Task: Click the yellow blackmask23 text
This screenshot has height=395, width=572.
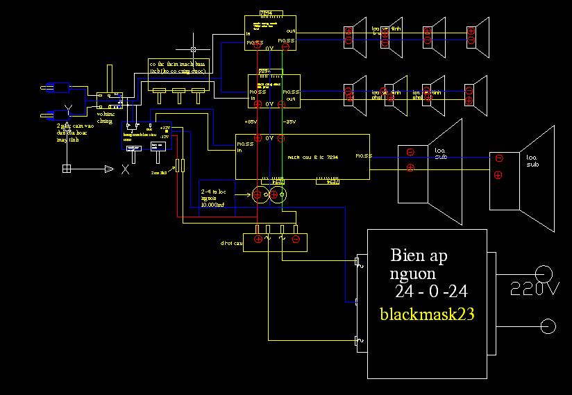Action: pos(427,314)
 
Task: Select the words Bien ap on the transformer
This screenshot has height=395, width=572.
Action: pos(419,255)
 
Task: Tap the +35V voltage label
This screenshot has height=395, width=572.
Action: pos(251,121)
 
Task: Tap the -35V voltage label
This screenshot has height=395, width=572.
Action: pos(289,121)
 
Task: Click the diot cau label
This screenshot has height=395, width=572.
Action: pos(232,244)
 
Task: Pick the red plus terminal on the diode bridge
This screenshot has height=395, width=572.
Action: pos(258,239)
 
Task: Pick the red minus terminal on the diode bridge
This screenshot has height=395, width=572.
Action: pos(296,239)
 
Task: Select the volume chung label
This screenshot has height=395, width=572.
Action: pos(105,117)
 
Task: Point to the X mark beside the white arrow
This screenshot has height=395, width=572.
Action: pos(125,169)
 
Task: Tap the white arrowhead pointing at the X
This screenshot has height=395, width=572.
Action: pos(108,169)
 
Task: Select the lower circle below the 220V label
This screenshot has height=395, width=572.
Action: pos(548,326)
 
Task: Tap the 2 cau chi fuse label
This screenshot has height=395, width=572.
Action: pos(159,171)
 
